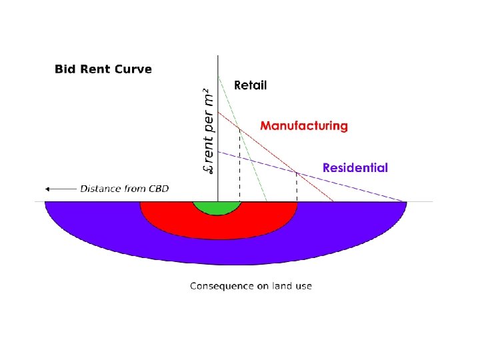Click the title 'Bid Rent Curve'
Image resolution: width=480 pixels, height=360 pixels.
(103, 69)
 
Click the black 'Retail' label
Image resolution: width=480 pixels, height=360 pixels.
(250, 85)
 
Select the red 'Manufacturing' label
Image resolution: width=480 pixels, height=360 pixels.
(303, 125)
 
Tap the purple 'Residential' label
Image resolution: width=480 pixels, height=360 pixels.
(355, 168)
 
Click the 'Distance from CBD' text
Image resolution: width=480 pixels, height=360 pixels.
(125, 189)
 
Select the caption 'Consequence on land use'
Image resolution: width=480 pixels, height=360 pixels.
(251, 286)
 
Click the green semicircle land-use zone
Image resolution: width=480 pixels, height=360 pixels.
(217, 207)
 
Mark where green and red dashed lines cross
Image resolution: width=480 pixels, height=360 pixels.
(239, 128)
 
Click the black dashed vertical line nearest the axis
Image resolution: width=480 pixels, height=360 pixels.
(239, 167)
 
